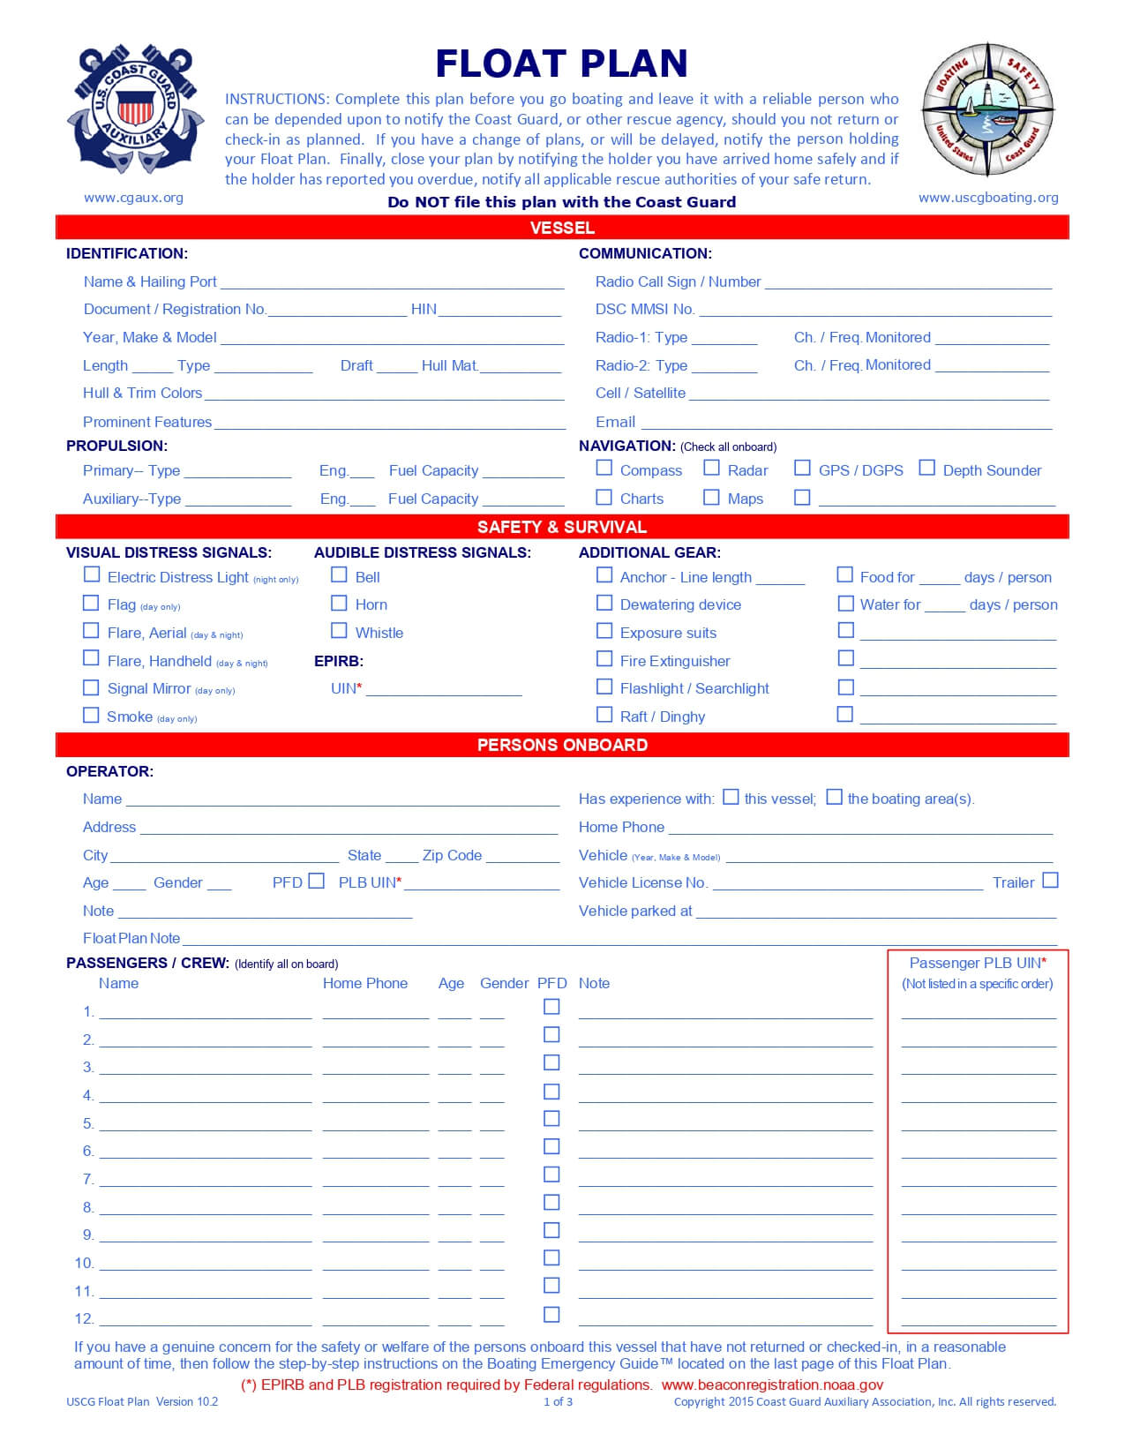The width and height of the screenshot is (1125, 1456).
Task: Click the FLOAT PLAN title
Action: (561, 64)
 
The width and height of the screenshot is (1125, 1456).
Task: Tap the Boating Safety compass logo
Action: (988, 110)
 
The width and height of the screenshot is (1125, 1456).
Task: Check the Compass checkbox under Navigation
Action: (604, 468)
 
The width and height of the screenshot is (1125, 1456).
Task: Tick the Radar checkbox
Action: (711, 468)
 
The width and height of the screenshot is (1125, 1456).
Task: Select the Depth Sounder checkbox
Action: (926, 468)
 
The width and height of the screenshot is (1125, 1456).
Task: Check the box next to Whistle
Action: (339, 630)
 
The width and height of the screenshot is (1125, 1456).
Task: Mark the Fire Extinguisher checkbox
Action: (604, 658)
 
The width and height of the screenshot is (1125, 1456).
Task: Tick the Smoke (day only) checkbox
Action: (91, 715)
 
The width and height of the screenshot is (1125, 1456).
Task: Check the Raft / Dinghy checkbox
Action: (604, 714)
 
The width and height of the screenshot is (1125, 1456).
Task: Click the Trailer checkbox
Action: (1050, 881)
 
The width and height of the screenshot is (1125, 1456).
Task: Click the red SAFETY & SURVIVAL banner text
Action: (561, 527)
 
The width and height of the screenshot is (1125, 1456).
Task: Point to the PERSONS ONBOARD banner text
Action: (561, 745)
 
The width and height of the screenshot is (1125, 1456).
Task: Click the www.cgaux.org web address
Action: (133, 198)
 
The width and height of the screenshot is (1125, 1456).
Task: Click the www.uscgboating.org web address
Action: (988, 198)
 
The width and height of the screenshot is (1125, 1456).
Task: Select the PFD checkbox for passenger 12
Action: (551, 1314)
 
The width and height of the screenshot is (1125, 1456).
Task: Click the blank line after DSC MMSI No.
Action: (874, 310)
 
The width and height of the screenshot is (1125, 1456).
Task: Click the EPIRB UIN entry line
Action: (444, 689)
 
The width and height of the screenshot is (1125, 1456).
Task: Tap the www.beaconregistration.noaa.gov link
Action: (772, 1385)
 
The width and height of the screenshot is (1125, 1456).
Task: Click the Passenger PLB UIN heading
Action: (977, 963)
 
